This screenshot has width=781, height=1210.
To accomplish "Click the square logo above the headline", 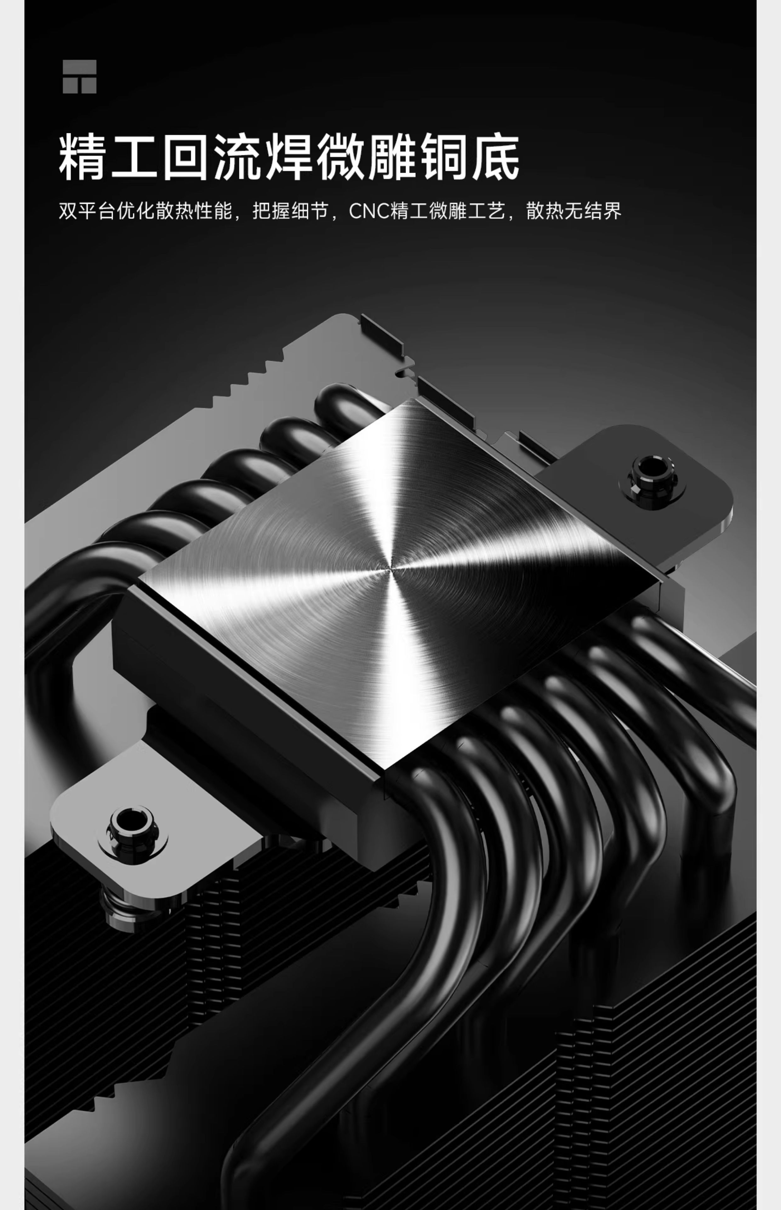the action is pyautogui.click(x=80, y=77).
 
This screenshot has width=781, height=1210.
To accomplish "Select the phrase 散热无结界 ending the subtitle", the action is pyautogui.click(x=573, y=210).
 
